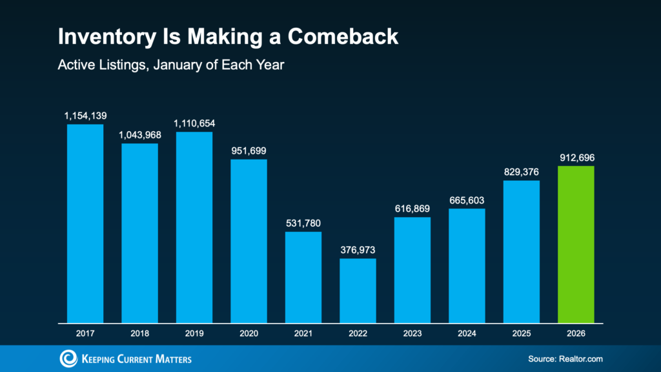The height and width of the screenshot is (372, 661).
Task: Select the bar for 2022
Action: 358,290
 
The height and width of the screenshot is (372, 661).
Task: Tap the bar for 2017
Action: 85,223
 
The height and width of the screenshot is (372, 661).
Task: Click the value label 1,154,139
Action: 85,116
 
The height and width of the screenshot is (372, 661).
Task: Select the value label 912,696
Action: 576,157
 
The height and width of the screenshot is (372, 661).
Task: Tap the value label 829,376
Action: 521,172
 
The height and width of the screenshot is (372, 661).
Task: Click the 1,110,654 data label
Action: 194,123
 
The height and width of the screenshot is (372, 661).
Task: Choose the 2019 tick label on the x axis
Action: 194,333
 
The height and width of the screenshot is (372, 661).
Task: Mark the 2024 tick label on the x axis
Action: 467,333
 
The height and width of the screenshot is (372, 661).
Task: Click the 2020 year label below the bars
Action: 249,333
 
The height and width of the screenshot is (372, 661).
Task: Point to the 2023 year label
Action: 412,333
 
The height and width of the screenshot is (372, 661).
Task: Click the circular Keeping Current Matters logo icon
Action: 67,358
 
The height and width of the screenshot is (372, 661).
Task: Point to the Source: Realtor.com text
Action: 560,359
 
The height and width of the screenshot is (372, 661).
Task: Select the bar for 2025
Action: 521,251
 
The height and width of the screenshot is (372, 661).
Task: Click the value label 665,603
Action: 467,200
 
